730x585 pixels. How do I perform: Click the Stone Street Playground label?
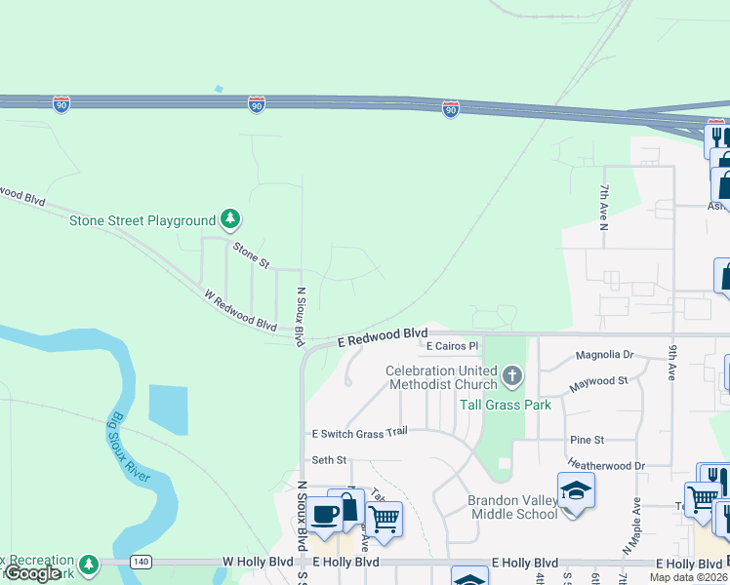(142, 220)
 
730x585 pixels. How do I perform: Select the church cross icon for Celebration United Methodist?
(511, 376)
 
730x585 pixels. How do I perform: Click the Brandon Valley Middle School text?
(512, 506)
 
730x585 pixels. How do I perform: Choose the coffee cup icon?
(325, 514)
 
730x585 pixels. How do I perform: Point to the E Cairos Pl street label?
(452, 346)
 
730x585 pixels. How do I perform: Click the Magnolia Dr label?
(605, 356)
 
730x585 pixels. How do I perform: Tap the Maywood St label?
(599, 381)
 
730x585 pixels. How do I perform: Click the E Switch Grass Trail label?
(358, 433)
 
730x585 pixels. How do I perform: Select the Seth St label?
(329, 459)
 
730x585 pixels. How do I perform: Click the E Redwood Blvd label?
(384, 337)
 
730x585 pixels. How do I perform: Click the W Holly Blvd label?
(258, 563)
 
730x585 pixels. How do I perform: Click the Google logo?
(33, 573)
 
